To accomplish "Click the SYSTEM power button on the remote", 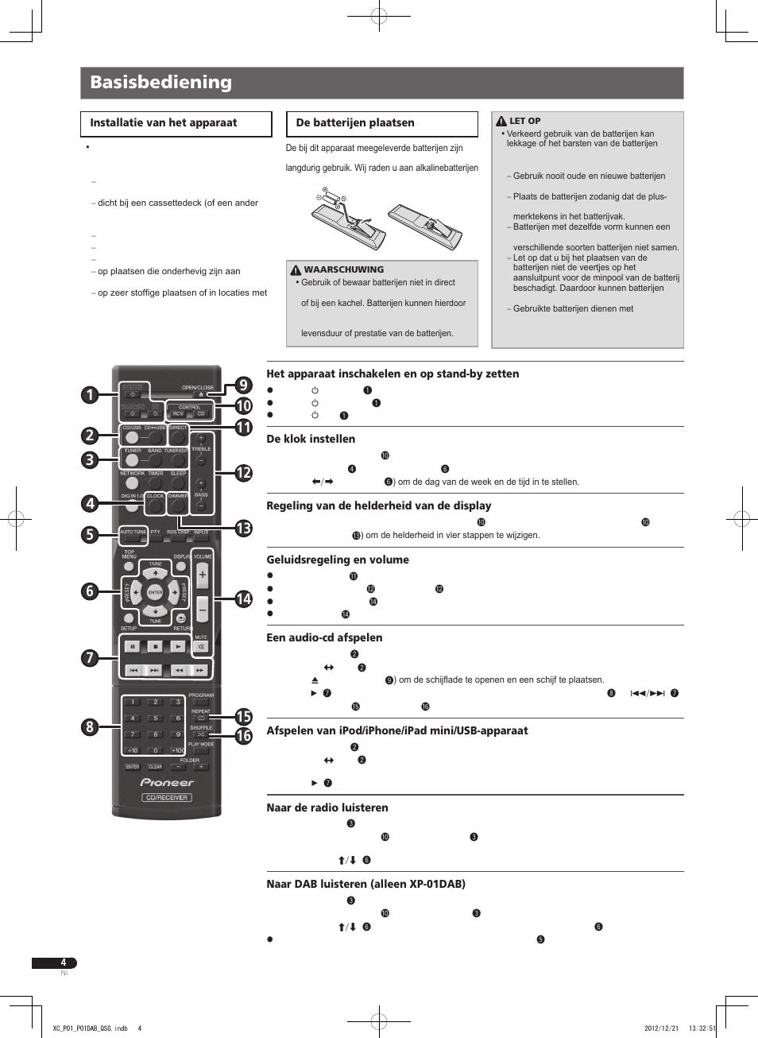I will click(x=133, y=394).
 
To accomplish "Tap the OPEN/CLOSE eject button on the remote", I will click(x=200, y=394).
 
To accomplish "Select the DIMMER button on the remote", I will click(x=178, y=505).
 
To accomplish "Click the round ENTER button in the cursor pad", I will click(x=155, y=592).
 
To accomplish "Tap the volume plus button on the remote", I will click(x=202, y=575).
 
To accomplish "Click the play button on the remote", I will click(x=178, y=646).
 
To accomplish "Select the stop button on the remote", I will click(x=155, y=646).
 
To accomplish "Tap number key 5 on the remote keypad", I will click(x=155, y=718).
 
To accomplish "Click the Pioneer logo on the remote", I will click(x=167, y=782).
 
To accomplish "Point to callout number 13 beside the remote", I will click(x=243, y=529).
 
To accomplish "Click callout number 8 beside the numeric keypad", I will click(x=90, y=726).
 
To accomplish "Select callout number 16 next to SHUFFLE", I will click(x=243, y=736).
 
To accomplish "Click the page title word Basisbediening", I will click(x=160, y=82).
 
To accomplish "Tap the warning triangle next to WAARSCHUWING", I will click(x=296, y=270).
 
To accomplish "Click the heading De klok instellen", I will click(x=311, y=439).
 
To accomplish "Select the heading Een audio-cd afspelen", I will click(x=324, y=637).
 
